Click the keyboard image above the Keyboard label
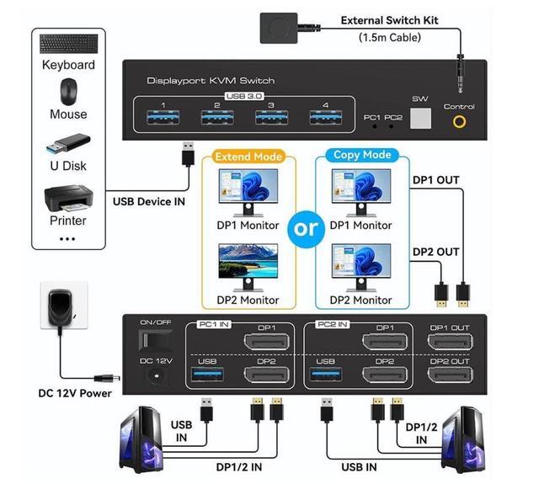click(x=68, y=44)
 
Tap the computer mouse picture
click(x=69, y=92)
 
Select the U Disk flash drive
click(x=68, y=143)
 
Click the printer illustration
click(x=68, y=199)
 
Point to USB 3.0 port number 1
click(x=163, y=117)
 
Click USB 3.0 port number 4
click(x=326, y=117)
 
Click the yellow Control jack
click(x=460, y=121)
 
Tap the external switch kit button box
click(x=279, y=28)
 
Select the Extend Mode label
click(x=248, y=157)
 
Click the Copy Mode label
click(x=362, y=155)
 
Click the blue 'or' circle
click(x=307, y=229)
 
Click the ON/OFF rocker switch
click(x=155, y=340)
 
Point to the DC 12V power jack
click(x=157, y=376)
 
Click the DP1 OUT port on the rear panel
click(x=450, y=342)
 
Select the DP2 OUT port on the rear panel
click(x=450, y=375)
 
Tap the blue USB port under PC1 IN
click(x=207, y=374)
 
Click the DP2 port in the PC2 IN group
click(x=385, y=375)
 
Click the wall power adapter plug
click(x=61, y=307)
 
